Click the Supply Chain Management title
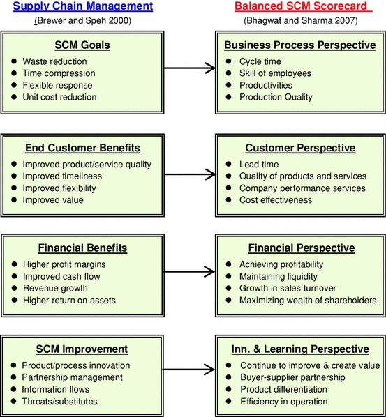click(83, 7)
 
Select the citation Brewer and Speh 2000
click(83, 20)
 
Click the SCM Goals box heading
click(83, 46)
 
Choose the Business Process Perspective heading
click(299, 46)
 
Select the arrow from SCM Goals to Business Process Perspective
click(191, 68)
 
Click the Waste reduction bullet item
click(54, 61)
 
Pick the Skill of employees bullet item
click(275, 73)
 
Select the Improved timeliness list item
click(62, 176)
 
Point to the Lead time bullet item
click(259, 165)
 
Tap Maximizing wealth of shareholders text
click(308, 301)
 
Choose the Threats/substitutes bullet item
click(59, 401)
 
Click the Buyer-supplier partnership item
click(292, 377)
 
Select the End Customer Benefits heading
click(83, 148)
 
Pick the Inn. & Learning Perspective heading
click(299, 349)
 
